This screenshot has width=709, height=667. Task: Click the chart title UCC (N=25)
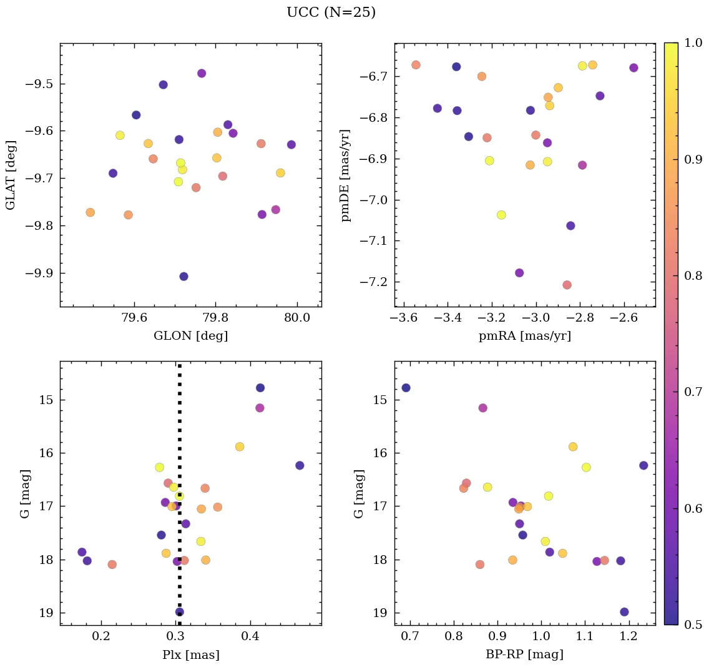(x=331, y=12)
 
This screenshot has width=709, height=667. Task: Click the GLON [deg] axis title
(x=190, y=336)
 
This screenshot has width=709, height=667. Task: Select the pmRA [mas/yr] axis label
(x=524, y=336)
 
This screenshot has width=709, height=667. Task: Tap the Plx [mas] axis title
(x=190, y=655)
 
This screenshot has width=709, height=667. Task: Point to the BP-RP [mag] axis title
(x=524, y=655)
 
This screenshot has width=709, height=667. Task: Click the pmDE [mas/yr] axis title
(x=345, y=175)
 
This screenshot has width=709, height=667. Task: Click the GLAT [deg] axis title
(x=11, y=175)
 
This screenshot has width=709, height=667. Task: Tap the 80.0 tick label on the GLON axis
(x=296, y=318)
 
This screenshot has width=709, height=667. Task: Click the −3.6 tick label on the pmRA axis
(x=403, y=318)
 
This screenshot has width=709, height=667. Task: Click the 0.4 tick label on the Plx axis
(x=251, y=636)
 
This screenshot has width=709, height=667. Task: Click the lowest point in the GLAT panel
(x=183, y=277)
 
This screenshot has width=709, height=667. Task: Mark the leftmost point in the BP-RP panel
(x=406, y=388)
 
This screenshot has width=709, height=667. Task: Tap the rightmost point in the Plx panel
(x=300, y=465)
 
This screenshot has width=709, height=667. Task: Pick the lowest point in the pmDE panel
(x=567, y=285)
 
